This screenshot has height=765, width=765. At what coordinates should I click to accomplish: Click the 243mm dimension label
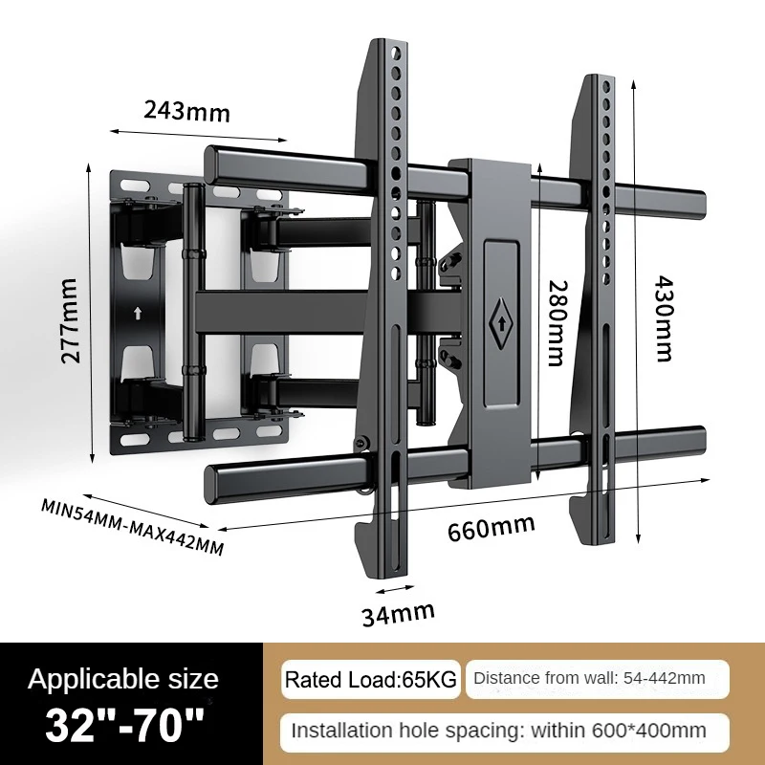(x=186, y=111)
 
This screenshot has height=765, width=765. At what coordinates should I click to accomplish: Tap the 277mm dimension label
(x=70, y=320)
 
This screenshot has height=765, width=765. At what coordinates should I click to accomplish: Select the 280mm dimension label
(x=557, y=323)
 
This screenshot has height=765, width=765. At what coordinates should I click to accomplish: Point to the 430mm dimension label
(x=663, y=318)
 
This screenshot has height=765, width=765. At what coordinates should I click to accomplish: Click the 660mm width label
(x=491, y=528)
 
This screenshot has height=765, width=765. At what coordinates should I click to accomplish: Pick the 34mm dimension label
(x=398, y=614)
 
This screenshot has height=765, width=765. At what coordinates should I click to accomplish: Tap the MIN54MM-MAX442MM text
(x=132, y=527)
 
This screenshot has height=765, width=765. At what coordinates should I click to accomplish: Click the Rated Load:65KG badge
(x=371, y=680)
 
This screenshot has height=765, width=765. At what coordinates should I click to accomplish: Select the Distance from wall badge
(x=597, y=679)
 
